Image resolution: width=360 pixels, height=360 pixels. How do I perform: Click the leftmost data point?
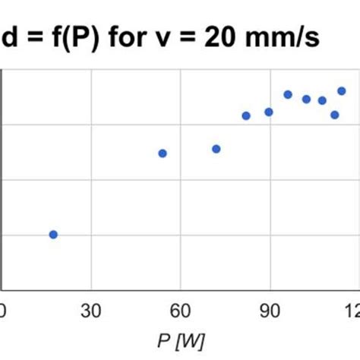53,235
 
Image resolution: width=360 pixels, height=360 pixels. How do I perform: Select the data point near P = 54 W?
162,153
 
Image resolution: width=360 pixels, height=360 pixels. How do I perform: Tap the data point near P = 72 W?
216,149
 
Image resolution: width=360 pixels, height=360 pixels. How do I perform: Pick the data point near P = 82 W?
246,115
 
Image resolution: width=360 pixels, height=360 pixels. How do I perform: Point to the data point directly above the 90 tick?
268,112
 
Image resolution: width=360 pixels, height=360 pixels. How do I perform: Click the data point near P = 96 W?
288,94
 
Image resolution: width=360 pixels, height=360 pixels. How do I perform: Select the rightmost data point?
341,91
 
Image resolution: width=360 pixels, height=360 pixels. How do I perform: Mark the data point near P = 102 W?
306,99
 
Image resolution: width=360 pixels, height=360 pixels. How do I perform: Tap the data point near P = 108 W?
322,100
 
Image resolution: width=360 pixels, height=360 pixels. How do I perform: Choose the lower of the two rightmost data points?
334,115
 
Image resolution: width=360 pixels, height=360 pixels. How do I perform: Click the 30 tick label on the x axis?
91,310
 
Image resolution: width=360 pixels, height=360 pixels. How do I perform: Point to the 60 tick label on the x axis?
180,310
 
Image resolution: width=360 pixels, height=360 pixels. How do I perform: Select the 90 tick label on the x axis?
270,310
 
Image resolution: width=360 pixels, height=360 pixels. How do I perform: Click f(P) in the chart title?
80,36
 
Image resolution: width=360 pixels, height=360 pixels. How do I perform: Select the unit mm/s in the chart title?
289,36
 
